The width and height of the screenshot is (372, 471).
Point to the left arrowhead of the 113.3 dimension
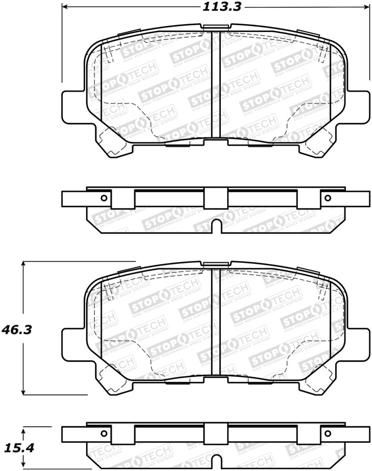click(64, 7)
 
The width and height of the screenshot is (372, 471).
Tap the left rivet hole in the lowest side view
click(104, 434)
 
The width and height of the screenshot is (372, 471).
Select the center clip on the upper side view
click(216, 198)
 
